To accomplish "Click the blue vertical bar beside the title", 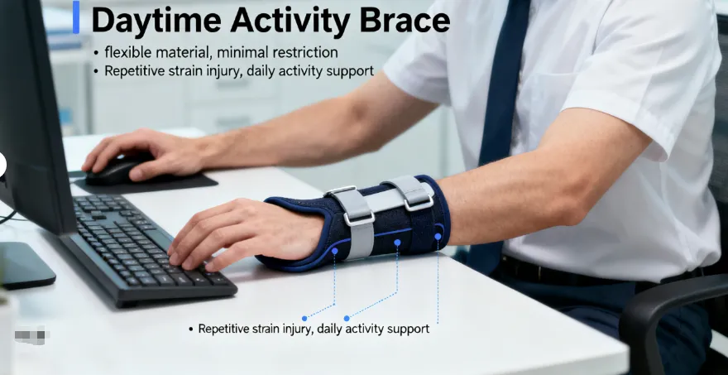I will click(x=76, y=17).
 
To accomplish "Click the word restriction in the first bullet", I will click(x=303, y=52).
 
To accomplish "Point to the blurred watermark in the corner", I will click(x=31, y=337).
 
